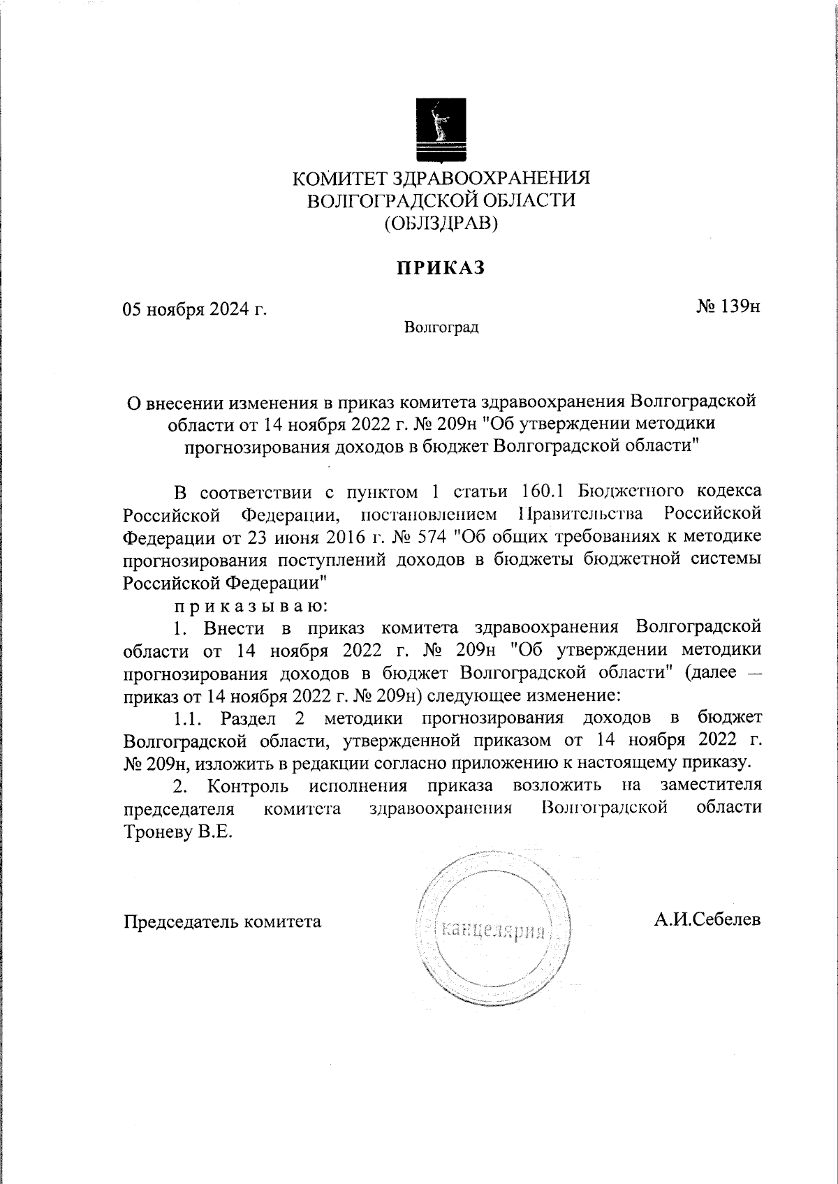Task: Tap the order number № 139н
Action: [x=728, y=306]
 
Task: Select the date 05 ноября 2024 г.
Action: [x=195, y=309]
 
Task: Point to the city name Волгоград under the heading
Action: [x=441, y=327]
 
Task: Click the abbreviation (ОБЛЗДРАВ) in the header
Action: [x=441, y=223]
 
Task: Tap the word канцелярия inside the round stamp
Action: [x=493, y=931]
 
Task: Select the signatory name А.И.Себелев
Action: [x=707, y=919]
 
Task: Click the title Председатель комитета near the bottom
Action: [x=222, y=922]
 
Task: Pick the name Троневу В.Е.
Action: [x=177, y=833]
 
